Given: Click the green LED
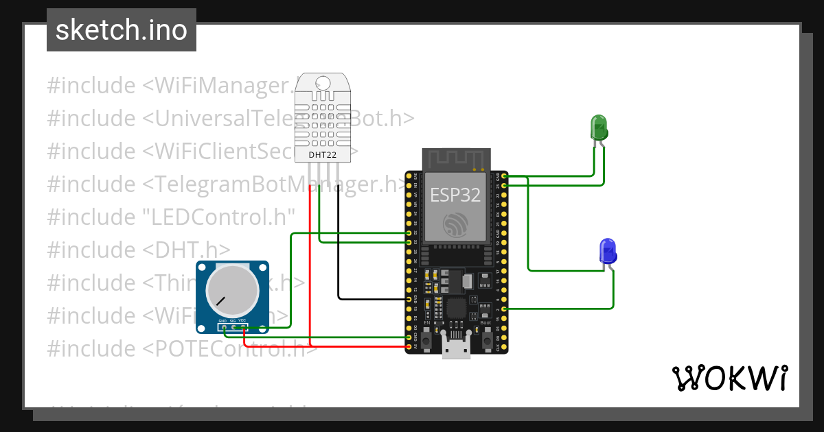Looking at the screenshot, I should coord(599,128).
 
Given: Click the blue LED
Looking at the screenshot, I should coord(608,252).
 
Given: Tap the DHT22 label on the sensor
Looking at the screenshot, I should coord(323,155).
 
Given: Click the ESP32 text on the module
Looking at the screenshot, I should coord(455,195).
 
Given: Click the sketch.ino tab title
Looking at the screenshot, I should coord(122,31).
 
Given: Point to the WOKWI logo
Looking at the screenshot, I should coord(729,378).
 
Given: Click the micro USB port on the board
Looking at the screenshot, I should coord(455,349).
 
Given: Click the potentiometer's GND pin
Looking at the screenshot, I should coord(223,327).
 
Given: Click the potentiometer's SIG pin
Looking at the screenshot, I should coord(233,327).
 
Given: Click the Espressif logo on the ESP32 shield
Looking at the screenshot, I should coord(455,224).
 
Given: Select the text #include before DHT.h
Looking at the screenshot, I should coord(91,250).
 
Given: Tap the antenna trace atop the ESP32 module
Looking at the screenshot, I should coord(455,161).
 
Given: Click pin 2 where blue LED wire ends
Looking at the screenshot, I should coord(505,309).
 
